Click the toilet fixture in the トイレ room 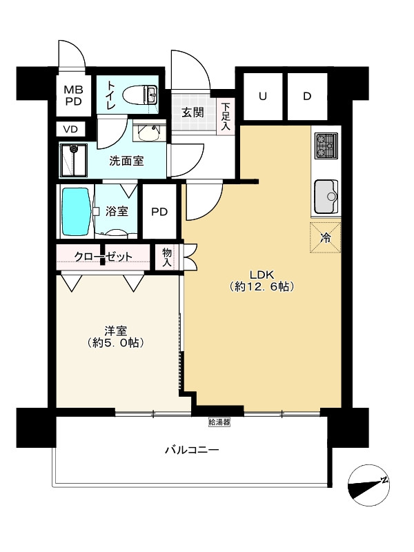click(x=140, y=94)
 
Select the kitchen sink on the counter click(x=326, y=197)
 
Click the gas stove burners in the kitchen click(x=325, y=146)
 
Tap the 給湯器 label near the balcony click(x=219, y=421)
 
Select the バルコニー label click(x=191, y=451)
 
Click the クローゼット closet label click(x=103, y=257)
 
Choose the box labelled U click(x=262, y=97)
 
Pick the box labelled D click(x=307, y=97)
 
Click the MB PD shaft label click(x=72, y=95)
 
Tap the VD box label click(x=71, y=129)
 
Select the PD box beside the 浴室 click(x=159, y=212)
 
